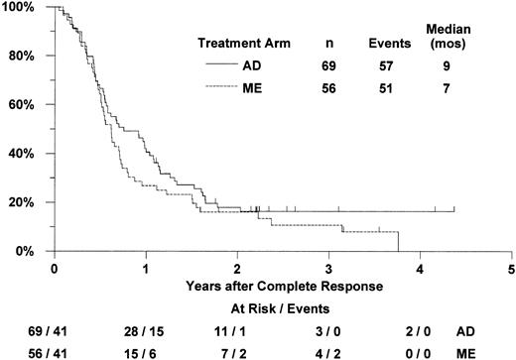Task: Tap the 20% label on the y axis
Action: point(23,202)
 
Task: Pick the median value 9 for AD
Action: point(425,64)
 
